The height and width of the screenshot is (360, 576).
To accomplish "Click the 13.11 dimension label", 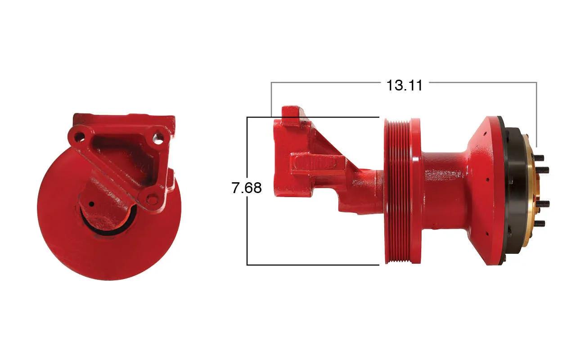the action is (404, 85).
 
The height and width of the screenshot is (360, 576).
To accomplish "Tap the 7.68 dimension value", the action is (247, 188).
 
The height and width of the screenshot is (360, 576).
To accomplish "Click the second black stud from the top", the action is (543, 170).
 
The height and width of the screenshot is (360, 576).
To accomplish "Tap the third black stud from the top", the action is (543, 204).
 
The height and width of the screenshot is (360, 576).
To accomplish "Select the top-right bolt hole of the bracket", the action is (157, 139).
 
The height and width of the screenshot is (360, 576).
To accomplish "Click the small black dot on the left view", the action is (91, 204).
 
